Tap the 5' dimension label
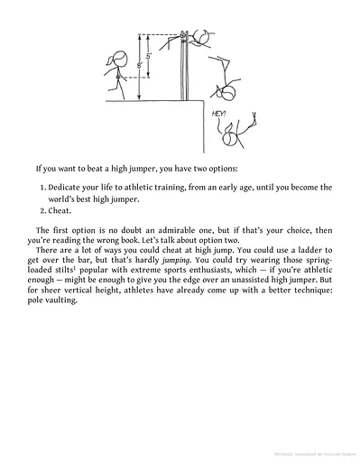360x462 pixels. tap(151, 55)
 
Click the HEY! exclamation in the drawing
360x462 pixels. tap(219, 114)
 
